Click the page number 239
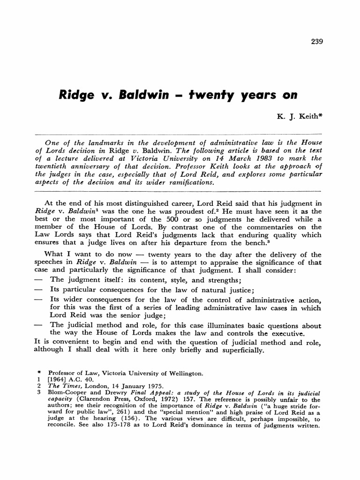317,41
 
